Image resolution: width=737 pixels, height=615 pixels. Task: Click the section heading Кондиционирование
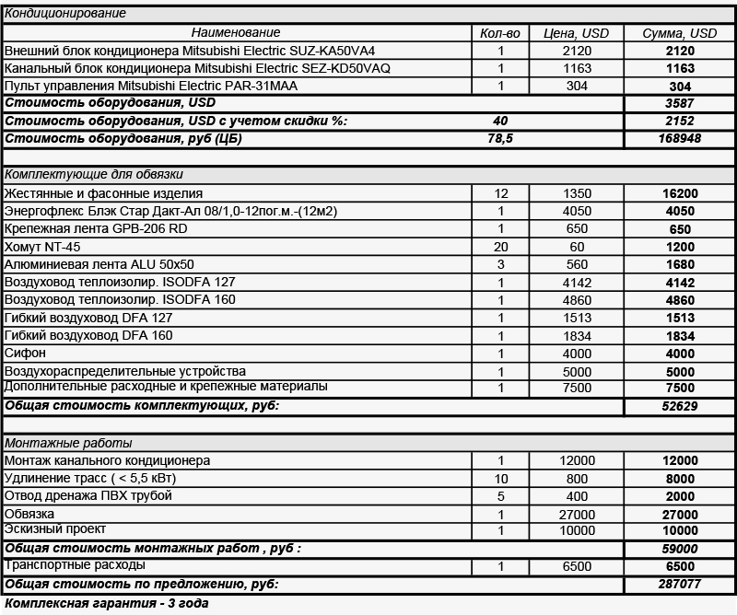pyautogui.click(x=65, y=14)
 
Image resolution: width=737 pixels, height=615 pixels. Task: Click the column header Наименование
pyautogui.click(x=238, y=32)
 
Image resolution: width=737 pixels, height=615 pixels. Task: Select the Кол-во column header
pyautogui.click(x=500, y=32)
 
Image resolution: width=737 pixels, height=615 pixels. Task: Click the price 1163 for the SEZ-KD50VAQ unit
pyautogui.click(x=577, y=68)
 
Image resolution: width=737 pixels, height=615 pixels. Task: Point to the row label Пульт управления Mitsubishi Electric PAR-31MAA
pyautogui.click(x=152, y=86)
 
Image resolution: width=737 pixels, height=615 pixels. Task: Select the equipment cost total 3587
pyautogui.click(x=680, y=103)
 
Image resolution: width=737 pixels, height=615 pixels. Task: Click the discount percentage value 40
pyautogui.click(x=500, y=121)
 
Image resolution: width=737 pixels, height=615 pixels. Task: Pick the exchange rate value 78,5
pyautogui.click(x=500, y=138)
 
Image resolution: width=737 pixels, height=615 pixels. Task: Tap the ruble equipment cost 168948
pyautogui.click(x=680, y=138)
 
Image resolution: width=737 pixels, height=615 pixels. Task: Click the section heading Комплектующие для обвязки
pyautogui.click(x=94, y=174)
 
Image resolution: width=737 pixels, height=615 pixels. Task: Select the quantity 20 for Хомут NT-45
pyautogui.click(x=500, y=247)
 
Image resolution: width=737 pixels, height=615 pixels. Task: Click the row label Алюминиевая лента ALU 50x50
pyautogui.click(x=99, y=264)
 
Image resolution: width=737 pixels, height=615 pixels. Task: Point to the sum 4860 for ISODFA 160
pyautogui.click(x=680, y=300)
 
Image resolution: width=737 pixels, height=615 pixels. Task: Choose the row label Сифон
pyautogui.click(x=25, y=354)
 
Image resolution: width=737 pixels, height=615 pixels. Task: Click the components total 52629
pyautogui.click(x=680, y=406)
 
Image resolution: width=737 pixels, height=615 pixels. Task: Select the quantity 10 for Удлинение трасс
pyautogui.click(x=500, y=478)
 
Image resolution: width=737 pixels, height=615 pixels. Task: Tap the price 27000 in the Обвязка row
pyautogui.click(x=577, y=514)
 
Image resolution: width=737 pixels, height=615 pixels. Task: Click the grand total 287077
pyautogui.click(x=680, y=585)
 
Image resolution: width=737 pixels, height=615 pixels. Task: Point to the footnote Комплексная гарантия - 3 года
pyautogui.click(x=107, y=604)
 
